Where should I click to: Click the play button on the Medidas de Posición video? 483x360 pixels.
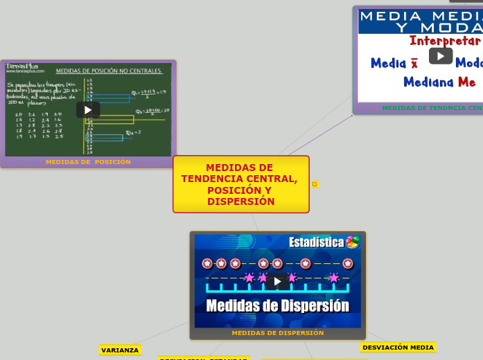(x=88, y=109)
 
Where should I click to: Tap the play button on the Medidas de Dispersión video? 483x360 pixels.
(x=277, y=281)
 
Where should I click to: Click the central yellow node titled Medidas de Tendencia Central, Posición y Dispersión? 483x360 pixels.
(x=240, y=184)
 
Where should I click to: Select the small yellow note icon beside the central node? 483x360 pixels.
(x=315, y=184)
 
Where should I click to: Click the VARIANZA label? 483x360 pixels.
(x=120, y=350)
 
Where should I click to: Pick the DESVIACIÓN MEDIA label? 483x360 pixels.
(x=398, y=348)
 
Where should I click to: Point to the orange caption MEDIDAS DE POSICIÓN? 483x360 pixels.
(x=88, y=162)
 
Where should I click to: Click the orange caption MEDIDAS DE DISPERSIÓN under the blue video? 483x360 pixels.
(x=277, y=333)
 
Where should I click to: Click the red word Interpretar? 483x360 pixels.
(x=444, y=41)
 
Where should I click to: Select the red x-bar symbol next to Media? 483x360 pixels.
(x=414, y=64)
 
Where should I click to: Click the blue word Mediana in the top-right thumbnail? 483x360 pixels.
(x=428, y=82)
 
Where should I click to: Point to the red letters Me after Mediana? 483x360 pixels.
(x=467, y=82)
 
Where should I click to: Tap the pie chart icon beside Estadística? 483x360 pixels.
(x=353, y=242)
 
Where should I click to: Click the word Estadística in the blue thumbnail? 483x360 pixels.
(x=316, y=242)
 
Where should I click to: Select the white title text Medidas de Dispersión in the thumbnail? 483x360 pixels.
(x=277, y=306)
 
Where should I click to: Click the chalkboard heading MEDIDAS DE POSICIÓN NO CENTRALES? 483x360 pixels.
(x=109, y=71)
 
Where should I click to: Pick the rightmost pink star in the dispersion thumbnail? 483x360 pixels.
(x=334, y=278)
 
